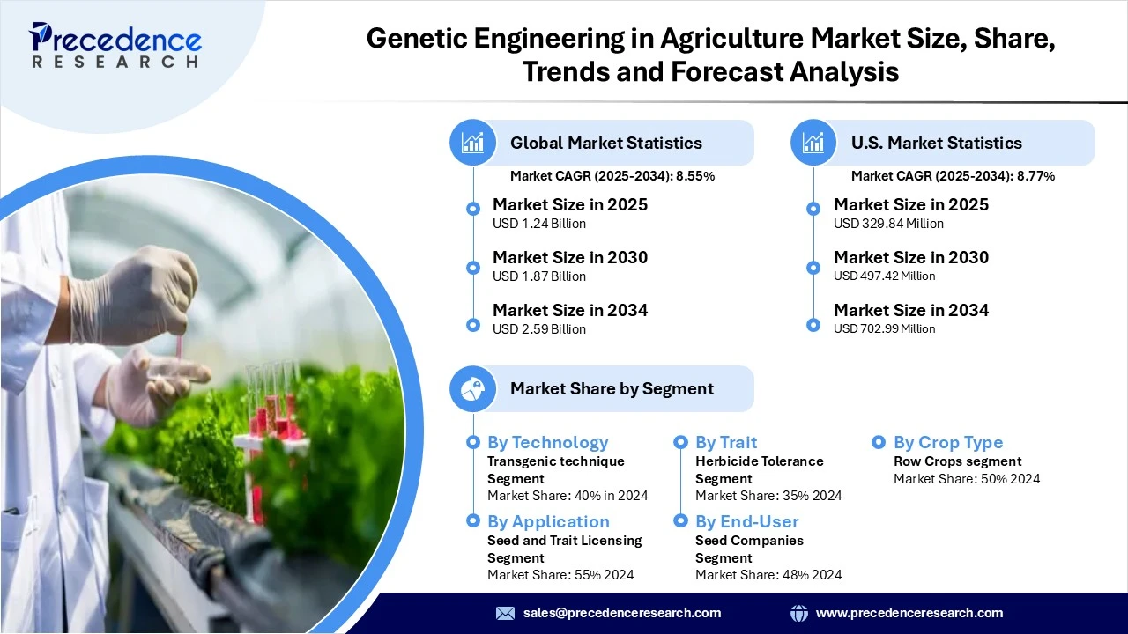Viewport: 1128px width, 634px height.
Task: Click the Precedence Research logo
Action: (x=115, y=45)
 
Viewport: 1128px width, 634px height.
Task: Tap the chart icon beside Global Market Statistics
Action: (x=473, y=143)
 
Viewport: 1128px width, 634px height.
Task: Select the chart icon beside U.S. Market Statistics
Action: (x=813, y=143)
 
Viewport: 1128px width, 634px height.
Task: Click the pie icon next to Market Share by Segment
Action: (x=473, y=389)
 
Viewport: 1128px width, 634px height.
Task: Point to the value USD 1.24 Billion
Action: (x=538, y=224)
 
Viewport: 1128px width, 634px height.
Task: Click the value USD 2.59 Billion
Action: (x=538, y=329)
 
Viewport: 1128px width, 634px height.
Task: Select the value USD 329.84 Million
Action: (x=888, y=224)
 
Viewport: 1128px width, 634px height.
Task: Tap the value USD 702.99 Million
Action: (x=884, y=328)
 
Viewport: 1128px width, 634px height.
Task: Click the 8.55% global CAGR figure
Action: (x=695, y=176)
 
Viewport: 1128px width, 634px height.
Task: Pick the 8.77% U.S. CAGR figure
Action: (x=1035, y=176)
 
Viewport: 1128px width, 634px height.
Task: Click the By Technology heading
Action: (x=548, y=442)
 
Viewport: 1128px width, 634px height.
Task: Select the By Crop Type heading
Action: (x=948, y=442)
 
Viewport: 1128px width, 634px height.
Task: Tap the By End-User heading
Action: (x=746, y=522)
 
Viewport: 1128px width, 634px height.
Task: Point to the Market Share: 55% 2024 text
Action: (x=560, y=575)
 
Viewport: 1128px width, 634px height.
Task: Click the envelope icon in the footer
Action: (x=505, y=613)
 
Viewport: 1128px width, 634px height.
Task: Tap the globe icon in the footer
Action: (x=799, y=613)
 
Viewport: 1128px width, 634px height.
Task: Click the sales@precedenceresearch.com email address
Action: (x=622, y=613)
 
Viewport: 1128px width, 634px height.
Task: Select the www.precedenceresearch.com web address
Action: (x=909, y=613)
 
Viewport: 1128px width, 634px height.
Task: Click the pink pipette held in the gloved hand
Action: (x=179, y=347)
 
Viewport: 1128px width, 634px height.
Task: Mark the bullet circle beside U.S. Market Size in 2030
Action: (x=813, y=268)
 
